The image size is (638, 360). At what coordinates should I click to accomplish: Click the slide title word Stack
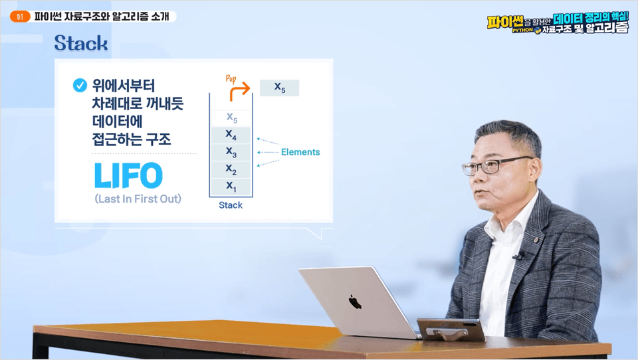[81, 43]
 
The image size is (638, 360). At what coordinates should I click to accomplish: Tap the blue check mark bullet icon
[80, 85]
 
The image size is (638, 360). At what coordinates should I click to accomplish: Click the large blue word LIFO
[128, 175]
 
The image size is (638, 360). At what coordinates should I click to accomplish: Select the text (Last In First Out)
[138, 199]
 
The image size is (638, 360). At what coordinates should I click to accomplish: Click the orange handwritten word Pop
[231, 78]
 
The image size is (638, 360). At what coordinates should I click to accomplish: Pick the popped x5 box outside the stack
[280, 88]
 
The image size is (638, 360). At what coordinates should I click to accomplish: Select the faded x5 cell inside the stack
[231, 118]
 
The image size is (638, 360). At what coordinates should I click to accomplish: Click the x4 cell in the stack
[231, 135]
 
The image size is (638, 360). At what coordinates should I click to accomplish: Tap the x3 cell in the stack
[231, 152]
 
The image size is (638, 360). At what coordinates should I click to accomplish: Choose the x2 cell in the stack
[231, 169]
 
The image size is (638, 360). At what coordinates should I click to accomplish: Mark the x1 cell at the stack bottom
[231, 186]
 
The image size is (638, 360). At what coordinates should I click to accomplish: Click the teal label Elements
[300, 152]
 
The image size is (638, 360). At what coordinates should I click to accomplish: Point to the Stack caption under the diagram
[231, 205]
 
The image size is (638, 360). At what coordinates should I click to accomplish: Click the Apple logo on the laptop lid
[355, 302]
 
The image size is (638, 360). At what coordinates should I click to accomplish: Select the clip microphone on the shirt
[518, 256]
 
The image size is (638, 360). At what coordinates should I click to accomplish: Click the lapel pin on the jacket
[536, 240]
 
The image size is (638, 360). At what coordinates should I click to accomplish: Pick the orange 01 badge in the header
[20, 17]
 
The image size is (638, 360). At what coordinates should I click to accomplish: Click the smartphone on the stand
[451, 329]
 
